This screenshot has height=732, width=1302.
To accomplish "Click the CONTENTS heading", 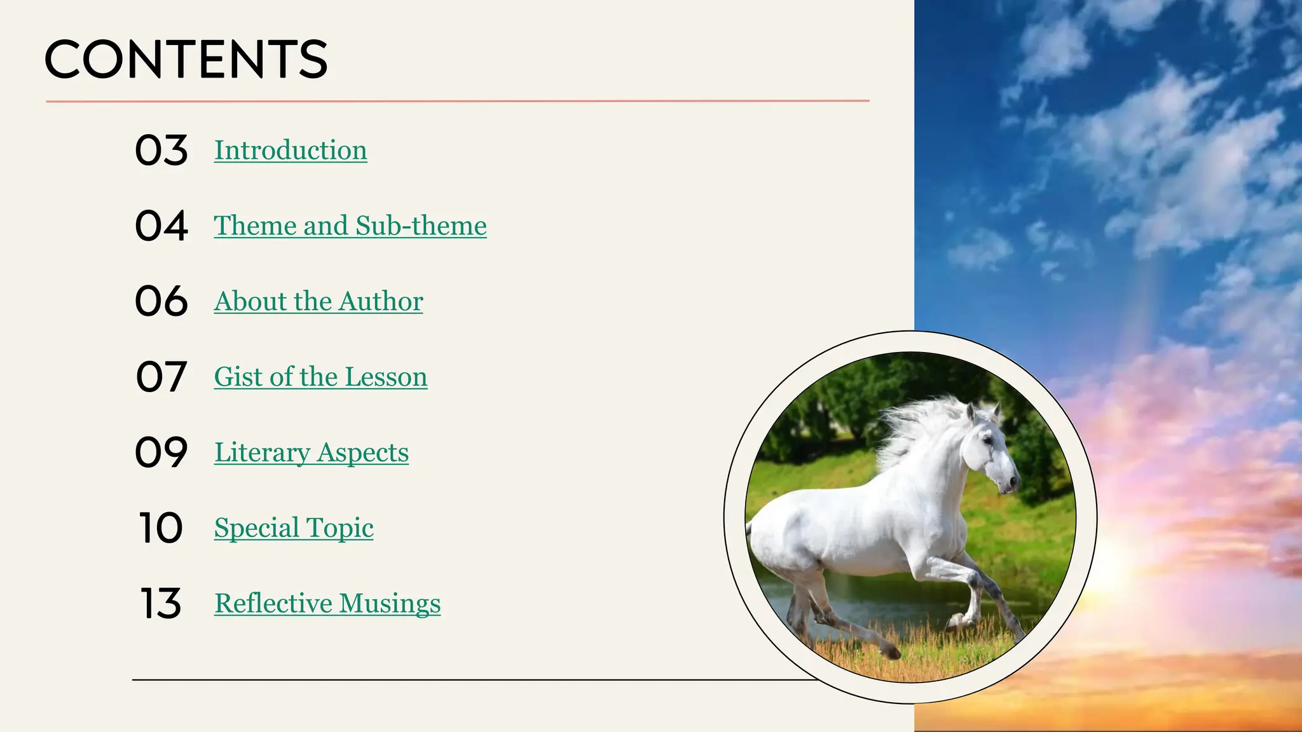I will [x=186, y=59].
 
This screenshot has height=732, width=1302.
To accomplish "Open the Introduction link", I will [x=291, y=151].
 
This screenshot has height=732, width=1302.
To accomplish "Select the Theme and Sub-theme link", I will [x=350, y=226].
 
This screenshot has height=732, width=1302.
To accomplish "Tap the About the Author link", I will [x=319, y=302].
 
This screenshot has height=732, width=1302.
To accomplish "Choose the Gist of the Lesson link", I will [x=320, y=377].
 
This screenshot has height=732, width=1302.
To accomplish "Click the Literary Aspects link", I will [x=312, y=453].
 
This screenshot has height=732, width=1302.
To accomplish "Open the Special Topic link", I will [x=294, y=528].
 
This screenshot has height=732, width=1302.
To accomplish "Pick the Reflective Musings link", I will [x=327, y=604].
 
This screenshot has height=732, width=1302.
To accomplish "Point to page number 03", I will [x=161, y=151].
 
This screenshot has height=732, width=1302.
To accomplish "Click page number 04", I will [x=161, y=226].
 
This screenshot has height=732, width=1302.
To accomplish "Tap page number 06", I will [x=161, y=301].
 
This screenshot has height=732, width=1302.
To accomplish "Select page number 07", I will [x=161, y=377].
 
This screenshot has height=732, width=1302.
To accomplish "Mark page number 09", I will [x=161, y=452].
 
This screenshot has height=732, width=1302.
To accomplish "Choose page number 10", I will [x=161, y=528].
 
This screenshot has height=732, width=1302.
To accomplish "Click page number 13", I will [x=161, y=604].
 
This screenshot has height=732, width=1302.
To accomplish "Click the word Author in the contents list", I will [x=381, y=302].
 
